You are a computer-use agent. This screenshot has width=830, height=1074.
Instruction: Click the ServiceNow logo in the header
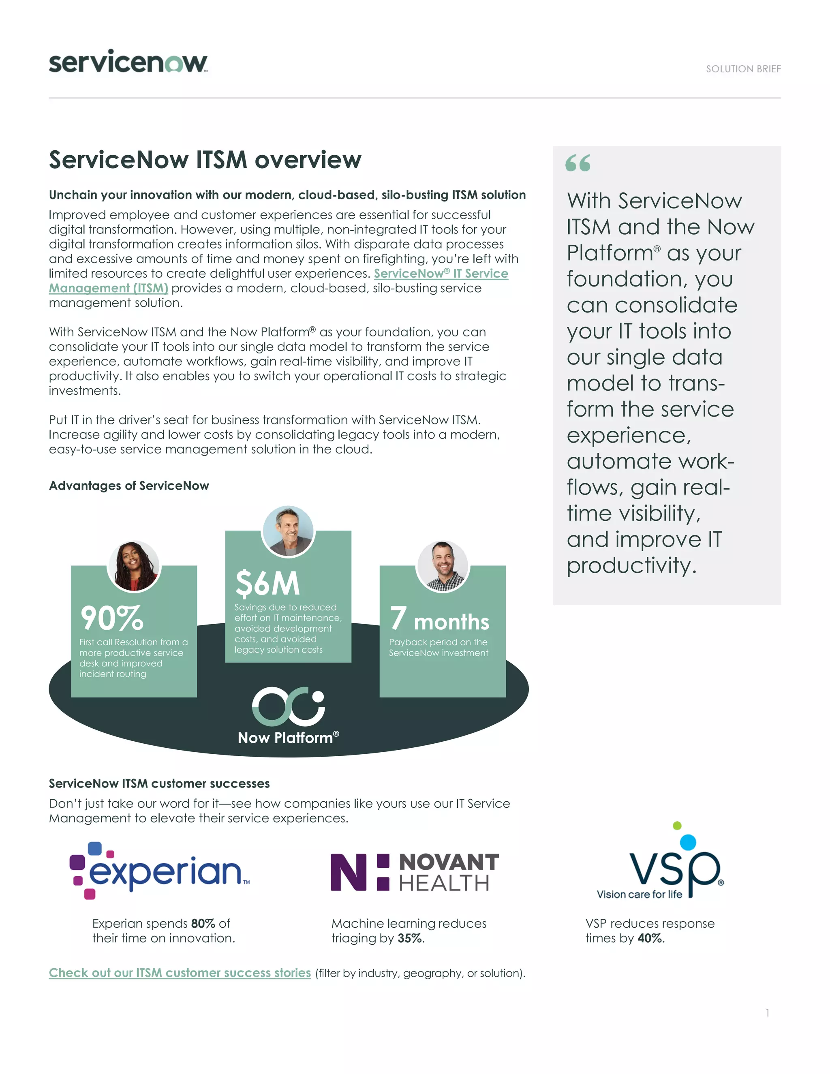(x=128, y=62)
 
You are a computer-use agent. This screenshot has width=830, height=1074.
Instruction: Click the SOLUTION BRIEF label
(x=743, y=69)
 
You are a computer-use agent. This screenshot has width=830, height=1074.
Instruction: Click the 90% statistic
(x=112, y=618)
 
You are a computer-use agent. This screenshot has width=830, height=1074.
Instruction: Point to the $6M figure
(x=267, y=584)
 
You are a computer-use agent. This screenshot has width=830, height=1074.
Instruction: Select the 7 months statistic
(x=440, y=620)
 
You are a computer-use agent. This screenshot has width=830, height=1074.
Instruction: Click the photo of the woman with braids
(x=134, y=566)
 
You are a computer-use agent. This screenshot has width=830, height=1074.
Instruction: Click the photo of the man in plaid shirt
(x=443, y=566)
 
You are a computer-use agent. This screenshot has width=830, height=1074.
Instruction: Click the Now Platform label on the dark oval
(x=288, y=738)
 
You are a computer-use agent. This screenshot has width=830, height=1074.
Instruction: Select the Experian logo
(x=160, y=871)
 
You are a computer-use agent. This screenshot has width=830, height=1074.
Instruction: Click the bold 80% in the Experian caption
(x=203, y=924)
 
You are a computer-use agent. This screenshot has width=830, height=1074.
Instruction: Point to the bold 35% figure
(x=411, y=938)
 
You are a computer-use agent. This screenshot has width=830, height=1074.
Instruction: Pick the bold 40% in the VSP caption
(x=650, y=938)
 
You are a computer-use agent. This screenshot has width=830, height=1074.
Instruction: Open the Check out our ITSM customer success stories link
(x=180, y=973)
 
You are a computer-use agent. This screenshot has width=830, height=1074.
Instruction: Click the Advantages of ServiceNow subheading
(x=129, y=486)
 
